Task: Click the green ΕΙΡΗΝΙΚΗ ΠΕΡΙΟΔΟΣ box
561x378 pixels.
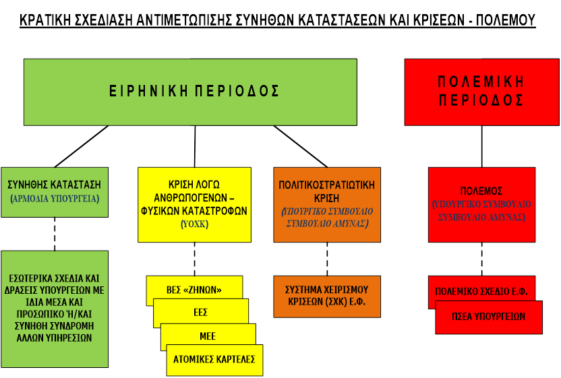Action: [x=190, y=91]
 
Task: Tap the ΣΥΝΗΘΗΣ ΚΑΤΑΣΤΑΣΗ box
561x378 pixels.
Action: [x=55, y=191]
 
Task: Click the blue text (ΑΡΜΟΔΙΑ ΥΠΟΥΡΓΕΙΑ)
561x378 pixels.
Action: [x=55, y=199]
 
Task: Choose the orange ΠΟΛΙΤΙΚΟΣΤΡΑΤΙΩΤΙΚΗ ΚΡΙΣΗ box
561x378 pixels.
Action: [x=326, y=204]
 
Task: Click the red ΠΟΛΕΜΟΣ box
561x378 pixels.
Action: [x=481, y=204]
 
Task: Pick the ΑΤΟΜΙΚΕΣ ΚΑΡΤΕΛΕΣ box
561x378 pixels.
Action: [x=214, y=359]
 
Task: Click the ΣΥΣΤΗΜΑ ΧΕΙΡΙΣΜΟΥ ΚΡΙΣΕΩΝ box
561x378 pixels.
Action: [x=326, y=296]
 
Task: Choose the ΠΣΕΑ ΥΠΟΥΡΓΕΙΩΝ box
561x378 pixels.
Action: [x=489, y=317]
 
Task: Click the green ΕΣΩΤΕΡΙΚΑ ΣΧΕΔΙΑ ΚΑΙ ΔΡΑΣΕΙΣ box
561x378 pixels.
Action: [x=55, y=309]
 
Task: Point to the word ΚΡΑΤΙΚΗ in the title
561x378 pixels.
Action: [x=46, y=20]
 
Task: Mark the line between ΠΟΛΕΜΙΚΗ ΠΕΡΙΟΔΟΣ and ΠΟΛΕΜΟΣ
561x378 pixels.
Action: [x=481, y=146]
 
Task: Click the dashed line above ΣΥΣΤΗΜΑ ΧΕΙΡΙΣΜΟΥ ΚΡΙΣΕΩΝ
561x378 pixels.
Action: [x=326, y=258]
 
